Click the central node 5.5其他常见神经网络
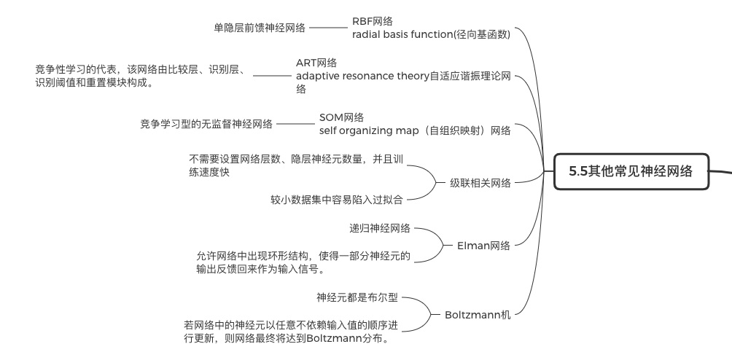click(630, 173)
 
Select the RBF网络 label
click(373, 20)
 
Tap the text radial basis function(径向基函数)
click(430, 34)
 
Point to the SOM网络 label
click(341, 117)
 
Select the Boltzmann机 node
click(478, 315)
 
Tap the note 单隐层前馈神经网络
click(259, 28)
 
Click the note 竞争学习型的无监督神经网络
click(206, 124)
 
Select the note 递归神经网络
click(380, 228)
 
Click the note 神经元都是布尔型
click(357, 297)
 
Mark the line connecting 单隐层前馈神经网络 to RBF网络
click(329, 28)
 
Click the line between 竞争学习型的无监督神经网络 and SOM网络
click(295, 124)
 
